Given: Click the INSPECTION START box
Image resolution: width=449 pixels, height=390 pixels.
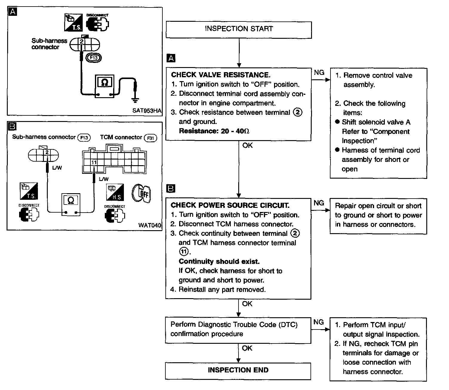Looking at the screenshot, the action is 239,30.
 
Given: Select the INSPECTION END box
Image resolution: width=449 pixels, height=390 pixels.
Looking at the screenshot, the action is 238,371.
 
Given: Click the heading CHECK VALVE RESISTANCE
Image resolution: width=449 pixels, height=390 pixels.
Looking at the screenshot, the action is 221,75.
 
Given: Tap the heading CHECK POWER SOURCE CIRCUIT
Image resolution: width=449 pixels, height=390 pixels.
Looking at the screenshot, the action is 230,205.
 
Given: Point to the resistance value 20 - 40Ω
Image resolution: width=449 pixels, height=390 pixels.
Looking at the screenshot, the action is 235,131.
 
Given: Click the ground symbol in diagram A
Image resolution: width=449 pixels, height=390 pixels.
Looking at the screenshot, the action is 135,100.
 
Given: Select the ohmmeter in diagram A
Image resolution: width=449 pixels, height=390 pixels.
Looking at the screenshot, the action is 104,86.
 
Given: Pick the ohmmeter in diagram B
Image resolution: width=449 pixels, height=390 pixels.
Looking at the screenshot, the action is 71,205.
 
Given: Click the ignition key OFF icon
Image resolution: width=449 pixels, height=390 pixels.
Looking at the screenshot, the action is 141,194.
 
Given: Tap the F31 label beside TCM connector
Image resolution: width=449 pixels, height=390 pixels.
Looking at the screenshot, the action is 150,138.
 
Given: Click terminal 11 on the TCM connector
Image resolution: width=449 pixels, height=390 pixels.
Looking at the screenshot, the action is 94,162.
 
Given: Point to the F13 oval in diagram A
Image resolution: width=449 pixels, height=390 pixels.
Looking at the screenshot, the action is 93,58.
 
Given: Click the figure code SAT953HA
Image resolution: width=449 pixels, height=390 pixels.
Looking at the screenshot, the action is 147,110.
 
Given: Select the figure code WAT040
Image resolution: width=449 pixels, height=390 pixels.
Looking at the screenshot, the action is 150,225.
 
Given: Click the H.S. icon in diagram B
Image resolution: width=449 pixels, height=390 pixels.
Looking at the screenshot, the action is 115,192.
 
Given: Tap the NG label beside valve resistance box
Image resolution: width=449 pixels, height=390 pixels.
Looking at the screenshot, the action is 319,72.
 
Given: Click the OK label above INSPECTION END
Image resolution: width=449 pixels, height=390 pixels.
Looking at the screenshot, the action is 247,348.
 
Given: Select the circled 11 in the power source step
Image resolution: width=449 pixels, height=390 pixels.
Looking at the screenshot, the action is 184,251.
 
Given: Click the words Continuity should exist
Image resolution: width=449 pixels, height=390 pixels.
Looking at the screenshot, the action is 219,261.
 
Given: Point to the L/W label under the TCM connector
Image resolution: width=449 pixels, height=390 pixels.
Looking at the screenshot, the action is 104,179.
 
